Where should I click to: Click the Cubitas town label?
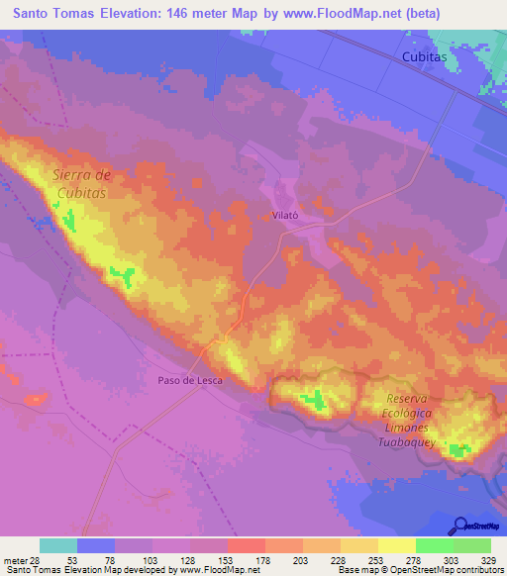425,58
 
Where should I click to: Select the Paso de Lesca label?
190,380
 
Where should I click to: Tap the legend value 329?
491,560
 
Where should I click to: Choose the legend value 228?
339,560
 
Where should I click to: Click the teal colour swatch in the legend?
58,545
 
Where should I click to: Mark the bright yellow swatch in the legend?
396,545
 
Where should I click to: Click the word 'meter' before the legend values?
14,560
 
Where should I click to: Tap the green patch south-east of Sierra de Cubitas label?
123,273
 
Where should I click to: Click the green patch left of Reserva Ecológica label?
314,399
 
